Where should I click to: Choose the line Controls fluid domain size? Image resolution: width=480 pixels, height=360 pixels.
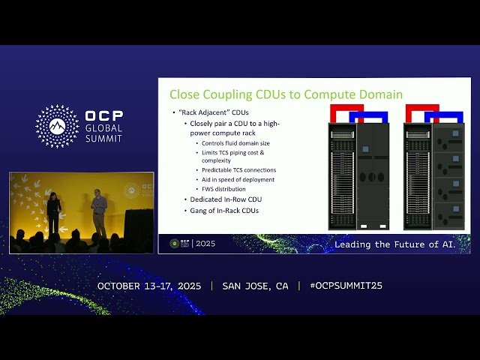coord(234,142)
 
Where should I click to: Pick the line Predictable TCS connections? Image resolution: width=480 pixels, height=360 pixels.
coord(238,169)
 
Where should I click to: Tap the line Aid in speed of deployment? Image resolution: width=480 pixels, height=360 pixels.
coord(238,179)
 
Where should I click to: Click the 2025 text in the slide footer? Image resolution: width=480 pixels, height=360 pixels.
coord(205,244)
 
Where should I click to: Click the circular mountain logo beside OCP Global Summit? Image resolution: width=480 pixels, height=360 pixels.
coord(57,126)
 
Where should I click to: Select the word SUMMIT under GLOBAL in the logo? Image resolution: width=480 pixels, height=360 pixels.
coord(104,138)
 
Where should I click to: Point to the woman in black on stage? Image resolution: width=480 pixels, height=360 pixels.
coord(54,214)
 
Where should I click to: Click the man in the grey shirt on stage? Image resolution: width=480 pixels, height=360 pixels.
coord(99,211)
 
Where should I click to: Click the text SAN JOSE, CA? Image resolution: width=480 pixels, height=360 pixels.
coord(255,286)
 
